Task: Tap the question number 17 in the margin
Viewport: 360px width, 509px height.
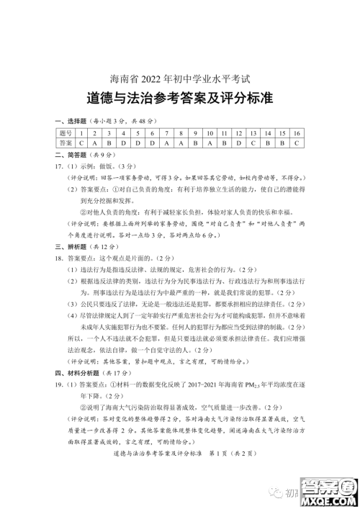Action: [x=58, y=165]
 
